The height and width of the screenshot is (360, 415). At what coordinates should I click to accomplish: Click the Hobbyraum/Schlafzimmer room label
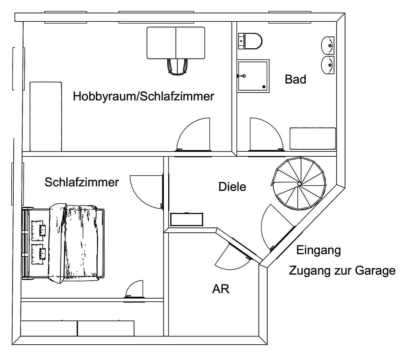(x=143, y=96)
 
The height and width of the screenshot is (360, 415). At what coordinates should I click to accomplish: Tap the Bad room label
(x=295, y=79)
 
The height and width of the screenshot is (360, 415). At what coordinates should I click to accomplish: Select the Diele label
(x=232, y=187)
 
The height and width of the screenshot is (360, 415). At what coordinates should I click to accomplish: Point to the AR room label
(x=220, y=289)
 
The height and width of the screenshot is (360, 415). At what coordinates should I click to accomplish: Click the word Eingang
(x=318, y=250)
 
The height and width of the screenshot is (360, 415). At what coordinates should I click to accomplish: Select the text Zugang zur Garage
(x=342, y=270)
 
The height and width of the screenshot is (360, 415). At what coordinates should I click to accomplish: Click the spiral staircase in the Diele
(x=299, y=184)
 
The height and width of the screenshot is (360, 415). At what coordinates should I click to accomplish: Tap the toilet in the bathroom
(x=250, y=41)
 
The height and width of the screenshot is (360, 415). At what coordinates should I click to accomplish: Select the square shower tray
(x=253, y=76)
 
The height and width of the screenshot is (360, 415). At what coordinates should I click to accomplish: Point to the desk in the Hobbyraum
(x=176, y=43)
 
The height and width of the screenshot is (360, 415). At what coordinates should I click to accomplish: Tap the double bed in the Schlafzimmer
(x=63, y=242)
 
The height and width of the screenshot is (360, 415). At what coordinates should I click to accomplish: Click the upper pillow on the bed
(x=39, y=230)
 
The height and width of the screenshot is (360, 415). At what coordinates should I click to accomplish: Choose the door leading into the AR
(x=231, y=255)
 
